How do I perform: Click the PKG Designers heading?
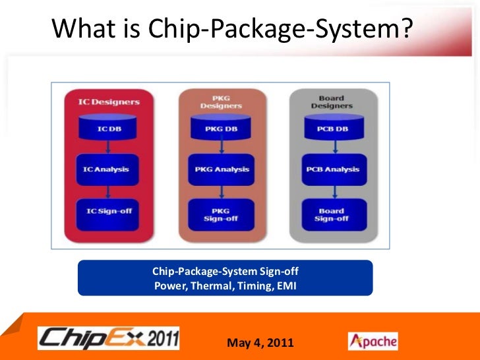click(221, 102)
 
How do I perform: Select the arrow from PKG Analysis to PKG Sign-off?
click(221, 191)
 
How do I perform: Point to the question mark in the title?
click(404, 28)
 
